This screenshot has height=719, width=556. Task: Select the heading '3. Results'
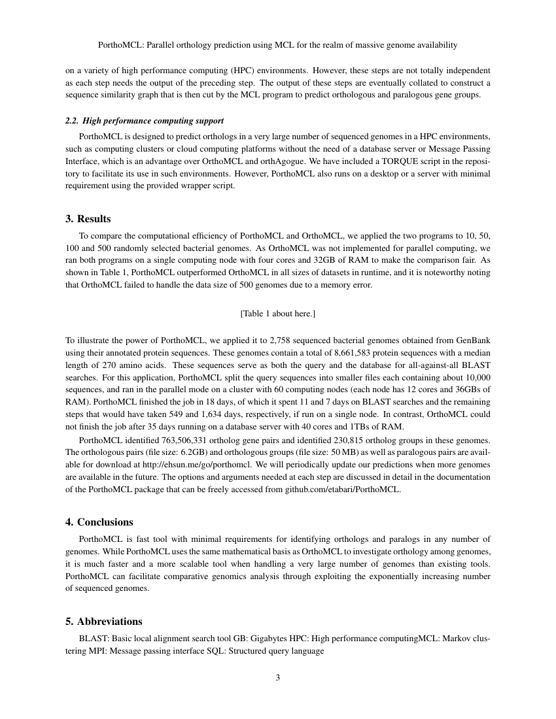[88, 218]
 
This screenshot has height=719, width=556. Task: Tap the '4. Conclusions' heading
[99, 522]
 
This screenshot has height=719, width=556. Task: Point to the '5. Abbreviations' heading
[104, 621]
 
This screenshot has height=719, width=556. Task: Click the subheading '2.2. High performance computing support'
[145, 121]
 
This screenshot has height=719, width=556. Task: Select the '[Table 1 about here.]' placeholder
[278, 314]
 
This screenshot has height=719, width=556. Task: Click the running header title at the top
[278, 45]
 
